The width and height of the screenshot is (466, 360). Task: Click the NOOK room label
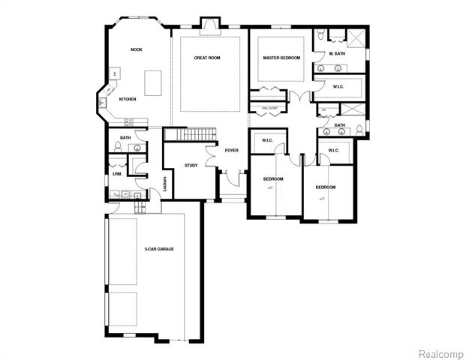click(136, 49)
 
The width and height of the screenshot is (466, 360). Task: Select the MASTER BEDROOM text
click(281, 58)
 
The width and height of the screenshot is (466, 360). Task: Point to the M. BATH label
click(336, 54)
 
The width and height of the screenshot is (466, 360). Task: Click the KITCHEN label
click(127, 99)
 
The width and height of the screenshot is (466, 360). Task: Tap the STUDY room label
click(191, 165)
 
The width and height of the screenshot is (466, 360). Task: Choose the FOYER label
click(231, 150)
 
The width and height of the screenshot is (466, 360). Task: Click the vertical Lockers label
click(164, 183)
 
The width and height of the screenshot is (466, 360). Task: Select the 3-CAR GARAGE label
click(159, 248)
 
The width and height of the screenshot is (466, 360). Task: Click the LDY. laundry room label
click(117, 174)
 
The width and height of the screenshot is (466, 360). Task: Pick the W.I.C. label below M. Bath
click(338, 87)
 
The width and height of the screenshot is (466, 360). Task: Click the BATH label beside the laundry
click(125, 138)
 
